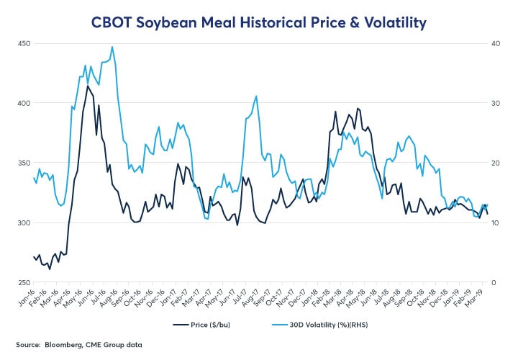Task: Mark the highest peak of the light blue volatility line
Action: tap(112, 48)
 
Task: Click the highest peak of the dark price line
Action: tap(88, 86)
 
